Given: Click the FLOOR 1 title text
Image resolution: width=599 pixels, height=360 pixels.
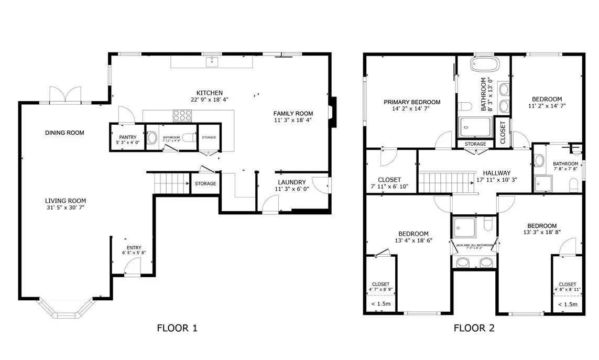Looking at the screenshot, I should [x=177, y=329].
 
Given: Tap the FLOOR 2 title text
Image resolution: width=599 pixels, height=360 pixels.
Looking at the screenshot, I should [x=474, y=329].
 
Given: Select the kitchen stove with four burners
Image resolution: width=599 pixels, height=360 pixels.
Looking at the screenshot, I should [x=182, y=115].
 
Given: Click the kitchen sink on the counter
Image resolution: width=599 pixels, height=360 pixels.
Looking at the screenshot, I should [x=212, y=62].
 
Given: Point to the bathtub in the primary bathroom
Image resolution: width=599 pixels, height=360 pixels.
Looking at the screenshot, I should [x=485, y=65].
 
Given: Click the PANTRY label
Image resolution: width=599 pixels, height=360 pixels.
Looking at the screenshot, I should [x=127, y=137].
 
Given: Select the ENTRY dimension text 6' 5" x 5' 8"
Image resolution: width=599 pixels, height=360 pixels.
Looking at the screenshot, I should [x=134, y=253].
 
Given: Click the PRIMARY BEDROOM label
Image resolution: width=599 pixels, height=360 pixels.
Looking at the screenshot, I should [x=411, y=102].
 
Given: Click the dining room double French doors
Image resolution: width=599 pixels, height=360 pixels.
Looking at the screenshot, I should [x=66, y=95].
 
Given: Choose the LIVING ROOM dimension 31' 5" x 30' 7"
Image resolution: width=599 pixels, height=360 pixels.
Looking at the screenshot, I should [x=65, y=208].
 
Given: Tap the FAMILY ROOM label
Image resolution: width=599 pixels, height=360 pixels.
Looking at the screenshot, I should [x=293, y=113].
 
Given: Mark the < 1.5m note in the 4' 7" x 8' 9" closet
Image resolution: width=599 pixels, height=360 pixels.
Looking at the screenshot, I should [x=380, y=304].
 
